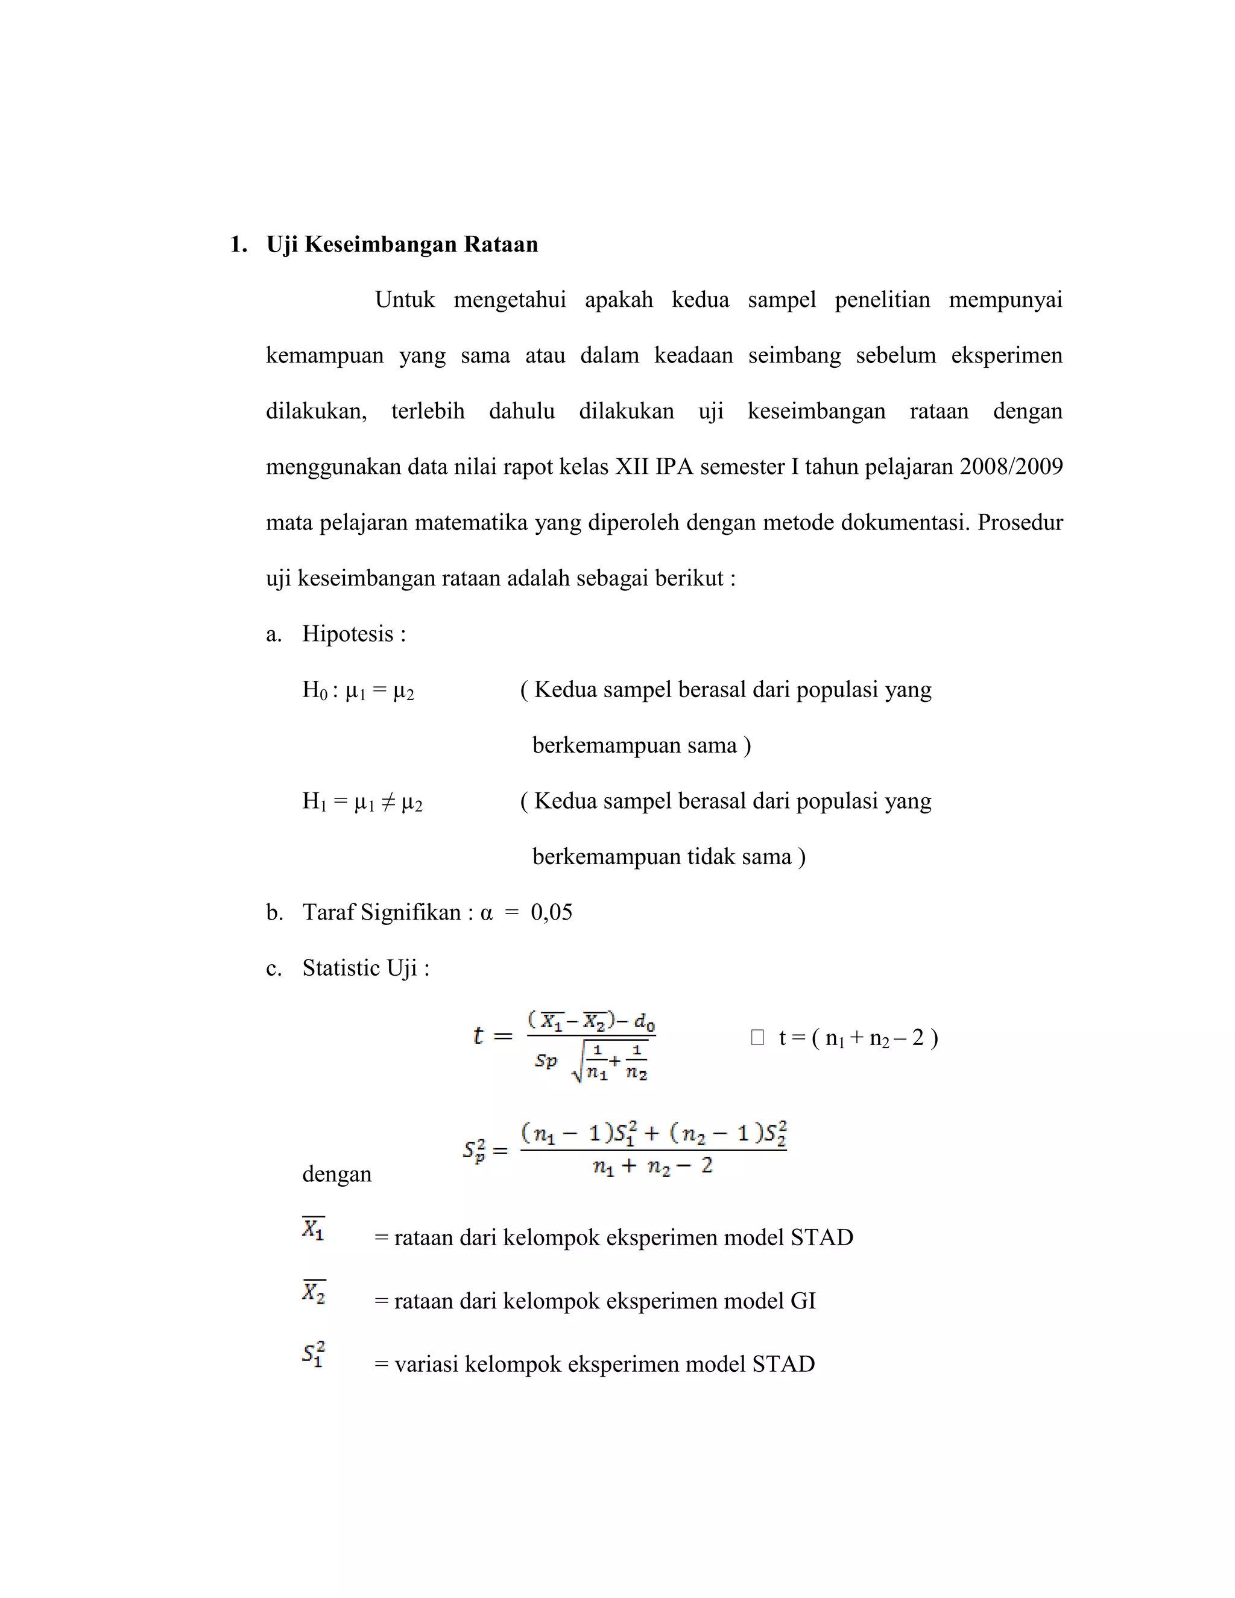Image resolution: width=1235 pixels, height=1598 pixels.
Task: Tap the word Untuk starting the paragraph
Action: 405,300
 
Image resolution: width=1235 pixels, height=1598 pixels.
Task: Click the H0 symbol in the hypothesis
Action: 315,690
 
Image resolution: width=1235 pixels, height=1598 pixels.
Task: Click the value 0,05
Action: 552,912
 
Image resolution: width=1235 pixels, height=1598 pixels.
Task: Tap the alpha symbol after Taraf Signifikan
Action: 487,913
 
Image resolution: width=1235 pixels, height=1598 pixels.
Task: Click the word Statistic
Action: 341,968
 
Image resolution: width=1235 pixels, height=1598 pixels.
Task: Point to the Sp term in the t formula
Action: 545,1060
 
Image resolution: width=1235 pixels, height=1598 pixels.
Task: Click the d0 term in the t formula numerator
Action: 644,1022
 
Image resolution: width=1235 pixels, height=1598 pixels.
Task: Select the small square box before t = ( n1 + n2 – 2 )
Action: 757,1038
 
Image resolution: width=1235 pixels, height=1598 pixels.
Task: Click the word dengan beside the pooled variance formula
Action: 336,1174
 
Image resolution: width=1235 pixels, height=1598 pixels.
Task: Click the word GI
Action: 803,1301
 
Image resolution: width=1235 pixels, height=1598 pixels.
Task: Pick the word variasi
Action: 426,1365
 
